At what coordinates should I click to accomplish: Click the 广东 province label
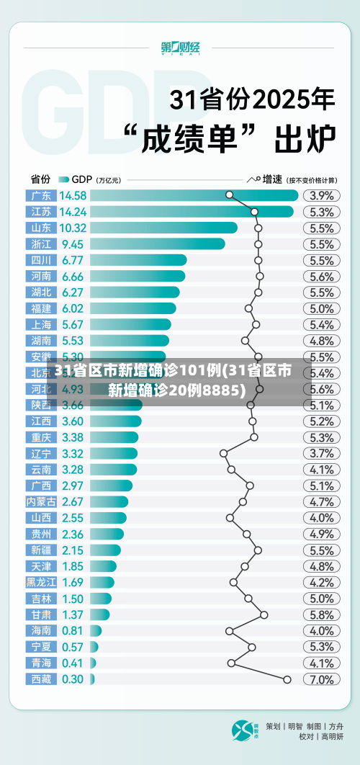[41, 195]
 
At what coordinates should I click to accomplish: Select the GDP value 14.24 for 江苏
[73, 212]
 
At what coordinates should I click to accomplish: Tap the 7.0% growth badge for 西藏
[321, 679]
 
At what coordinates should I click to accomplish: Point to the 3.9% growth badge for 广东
[321, 195]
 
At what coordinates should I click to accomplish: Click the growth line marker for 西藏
[287, 679]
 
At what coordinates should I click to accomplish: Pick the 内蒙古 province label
[41, 501]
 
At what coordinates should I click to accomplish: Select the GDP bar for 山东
[166, 228]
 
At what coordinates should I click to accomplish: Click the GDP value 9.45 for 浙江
[72, 244]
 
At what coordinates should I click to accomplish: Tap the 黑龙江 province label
[41, 582]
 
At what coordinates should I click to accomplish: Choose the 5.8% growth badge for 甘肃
[321, 614]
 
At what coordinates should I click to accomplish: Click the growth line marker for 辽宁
[223, 453]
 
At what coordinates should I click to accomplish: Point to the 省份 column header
[40, 179]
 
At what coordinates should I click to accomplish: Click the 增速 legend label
[272, 179]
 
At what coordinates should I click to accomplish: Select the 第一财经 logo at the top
[180, 48]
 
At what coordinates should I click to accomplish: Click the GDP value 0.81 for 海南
[72, 630]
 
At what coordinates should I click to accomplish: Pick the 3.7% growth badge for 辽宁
[321, 453]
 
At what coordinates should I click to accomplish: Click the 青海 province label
[41, 663]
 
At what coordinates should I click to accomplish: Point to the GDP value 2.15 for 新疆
[72, 550]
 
